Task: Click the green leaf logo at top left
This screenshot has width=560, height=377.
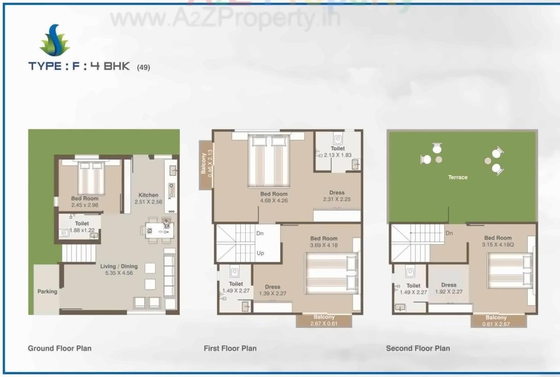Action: point(55,41)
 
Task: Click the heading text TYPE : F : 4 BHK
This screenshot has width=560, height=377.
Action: point(79,66)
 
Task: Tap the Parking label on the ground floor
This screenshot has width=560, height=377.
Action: point(47,291)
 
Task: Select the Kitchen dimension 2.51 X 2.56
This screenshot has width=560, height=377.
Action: point(148,202)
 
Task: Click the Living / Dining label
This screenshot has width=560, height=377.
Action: point(119,266)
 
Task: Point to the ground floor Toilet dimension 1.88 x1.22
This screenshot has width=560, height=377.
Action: point(82,230)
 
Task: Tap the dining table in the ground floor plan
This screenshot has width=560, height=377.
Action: point(157,229)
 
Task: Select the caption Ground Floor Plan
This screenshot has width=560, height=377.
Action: point(59,348)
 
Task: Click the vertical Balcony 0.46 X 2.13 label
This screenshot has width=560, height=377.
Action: point(206,161)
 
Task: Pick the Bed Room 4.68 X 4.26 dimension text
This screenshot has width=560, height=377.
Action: point(274,200)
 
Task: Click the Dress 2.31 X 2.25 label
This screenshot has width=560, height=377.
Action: point(337,196)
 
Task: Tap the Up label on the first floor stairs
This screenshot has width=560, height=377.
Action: point(260,253)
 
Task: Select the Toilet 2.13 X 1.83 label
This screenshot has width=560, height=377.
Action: point(337,152)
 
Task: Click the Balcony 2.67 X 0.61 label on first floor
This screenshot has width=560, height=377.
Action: point(324,320)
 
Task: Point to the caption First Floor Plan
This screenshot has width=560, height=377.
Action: point(230,348)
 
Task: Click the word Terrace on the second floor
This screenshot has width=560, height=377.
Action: point(458,177)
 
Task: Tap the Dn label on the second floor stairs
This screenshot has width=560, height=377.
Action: point(449,233)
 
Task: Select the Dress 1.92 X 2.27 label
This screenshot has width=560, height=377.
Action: point(448,288)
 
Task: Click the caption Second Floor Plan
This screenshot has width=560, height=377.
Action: point(418,348)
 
